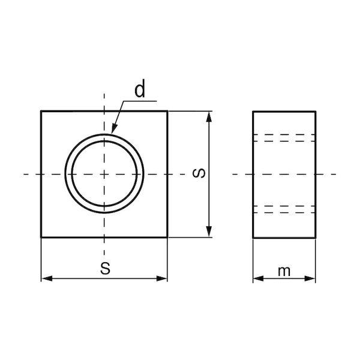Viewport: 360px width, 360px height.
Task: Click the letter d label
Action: pos(140,88)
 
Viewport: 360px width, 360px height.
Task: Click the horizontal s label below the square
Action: pos(106,268)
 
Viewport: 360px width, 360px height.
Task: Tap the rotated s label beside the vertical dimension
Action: pos(199,173)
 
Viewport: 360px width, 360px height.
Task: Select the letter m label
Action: pos(284,271)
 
